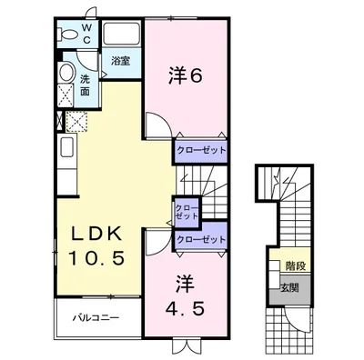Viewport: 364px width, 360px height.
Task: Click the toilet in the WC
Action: point(67,34)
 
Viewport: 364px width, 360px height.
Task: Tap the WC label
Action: point(86,34)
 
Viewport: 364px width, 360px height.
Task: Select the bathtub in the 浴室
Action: point(121,33)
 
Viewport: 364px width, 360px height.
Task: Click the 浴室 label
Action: point(120,61)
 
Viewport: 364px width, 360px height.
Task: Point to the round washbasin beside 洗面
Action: point(66,72)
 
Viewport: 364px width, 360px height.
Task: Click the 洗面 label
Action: point(85,85)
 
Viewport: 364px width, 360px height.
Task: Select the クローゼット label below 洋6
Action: point(201,150)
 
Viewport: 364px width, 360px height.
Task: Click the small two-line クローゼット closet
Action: point(187,212)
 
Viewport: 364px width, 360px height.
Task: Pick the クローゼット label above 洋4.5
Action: point(201,239)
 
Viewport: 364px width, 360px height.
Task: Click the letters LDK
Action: point(96,234)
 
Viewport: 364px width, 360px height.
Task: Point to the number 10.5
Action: point(96,258)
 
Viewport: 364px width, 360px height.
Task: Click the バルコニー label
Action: point(96,318)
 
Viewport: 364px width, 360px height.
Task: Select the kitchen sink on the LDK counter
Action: point(67,147)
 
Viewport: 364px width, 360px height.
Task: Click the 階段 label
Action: point(296,266)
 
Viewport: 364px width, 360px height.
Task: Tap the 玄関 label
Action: point(289,287)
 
